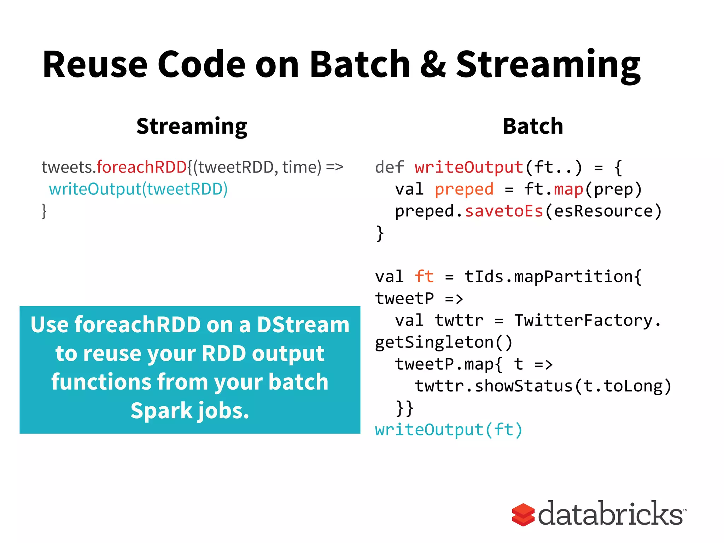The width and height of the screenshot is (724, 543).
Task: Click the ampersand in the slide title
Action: [x=433, y=64]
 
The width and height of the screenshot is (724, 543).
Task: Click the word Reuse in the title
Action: [x=95, y=64]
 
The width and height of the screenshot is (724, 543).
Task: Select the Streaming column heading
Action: [x=192, y=126]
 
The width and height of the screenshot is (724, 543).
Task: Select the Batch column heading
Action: [x=533, y=126]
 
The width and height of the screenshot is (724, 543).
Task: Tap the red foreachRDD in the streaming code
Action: [x=141, y=167]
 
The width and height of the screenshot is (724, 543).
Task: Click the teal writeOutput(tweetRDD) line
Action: [x=138, y=189]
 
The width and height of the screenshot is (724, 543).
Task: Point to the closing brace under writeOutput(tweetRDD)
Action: [x=44, y=211]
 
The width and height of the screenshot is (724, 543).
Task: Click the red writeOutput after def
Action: [x=469, y=167]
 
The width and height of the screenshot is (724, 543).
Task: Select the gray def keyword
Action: [x=389, y=167]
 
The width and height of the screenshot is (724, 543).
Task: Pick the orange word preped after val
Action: [x=464, y=189]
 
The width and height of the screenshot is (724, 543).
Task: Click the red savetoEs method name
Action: [x=504, y=211]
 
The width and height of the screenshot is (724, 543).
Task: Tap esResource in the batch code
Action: [x=603, y=211]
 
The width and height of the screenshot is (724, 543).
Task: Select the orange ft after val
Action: [x=424, y=276]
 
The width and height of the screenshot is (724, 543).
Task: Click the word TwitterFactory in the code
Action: [x=583, y=320]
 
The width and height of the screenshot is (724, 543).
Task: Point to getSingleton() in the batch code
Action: [x=444, y=342]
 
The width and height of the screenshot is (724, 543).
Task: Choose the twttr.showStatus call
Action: [x=494, y=386]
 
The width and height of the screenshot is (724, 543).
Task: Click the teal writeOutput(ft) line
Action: [x=448, y=430]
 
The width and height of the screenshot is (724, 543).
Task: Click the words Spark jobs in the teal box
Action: [x=190, y=411]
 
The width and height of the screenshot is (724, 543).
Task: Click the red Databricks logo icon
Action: [x=523, y=514]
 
